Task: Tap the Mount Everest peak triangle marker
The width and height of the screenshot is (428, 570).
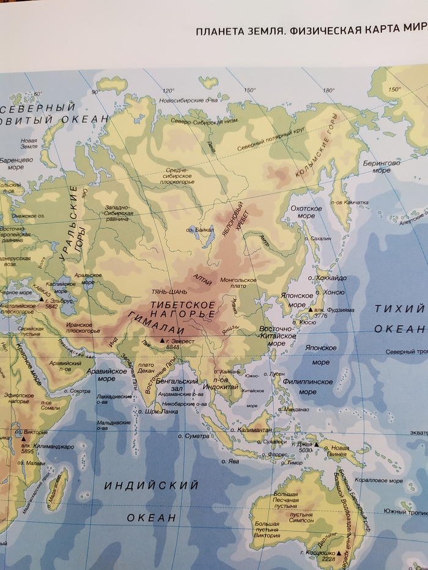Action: tap(162, 340)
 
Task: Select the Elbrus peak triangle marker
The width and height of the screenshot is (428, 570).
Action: tap(41, 300)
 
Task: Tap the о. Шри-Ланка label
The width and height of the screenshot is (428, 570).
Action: tap(160, 411)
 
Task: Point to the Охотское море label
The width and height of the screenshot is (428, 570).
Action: tap(306, 212)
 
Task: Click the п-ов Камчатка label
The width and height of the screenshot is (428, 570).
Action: tap(349, 202)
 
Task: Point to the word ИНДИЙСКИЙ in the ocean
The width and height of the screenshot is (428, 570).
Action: tap(152, 486)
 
